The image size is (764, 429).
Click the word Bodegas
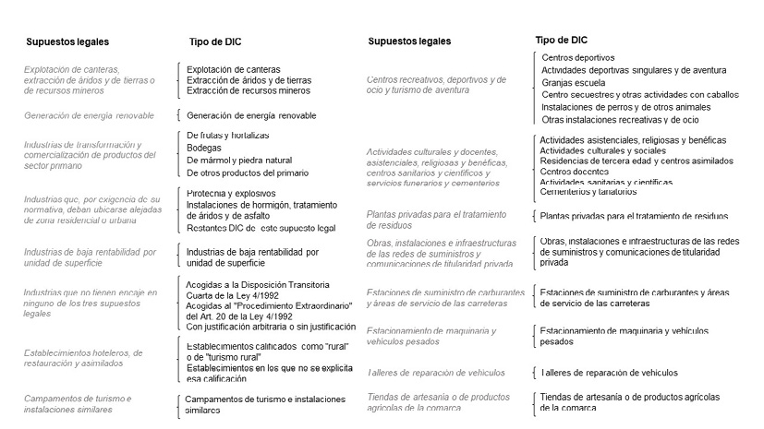point(204,148)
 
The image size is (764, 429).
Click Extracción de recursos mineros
point(249,90)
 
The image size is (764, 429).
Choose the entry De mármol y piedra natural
point(239,160)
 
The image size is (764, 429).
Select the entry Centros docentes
point(580,172)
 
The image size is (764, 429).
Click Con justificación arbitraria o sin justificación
point(271,326)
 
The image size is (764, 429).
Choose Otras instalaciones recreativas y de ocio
point(621,119)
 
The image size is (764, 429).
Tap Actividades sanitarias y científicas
point(606,183)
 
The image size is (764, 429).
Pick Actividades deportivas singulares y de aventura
point(634,70)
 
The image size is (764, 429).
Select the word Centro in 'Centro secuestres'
point(556,94)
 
